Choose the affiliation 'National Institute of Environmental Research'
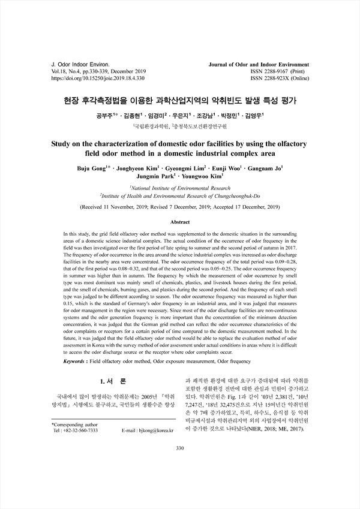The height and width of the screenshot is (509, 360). click(180, 188)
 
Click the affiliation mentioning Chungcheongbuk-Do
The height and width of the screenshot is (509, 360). click(180, 196)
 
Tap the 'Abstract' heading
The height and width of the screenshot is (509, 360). click(180, 221)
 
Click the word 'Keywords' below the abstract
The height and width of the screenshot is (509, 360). click(80, 363)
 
